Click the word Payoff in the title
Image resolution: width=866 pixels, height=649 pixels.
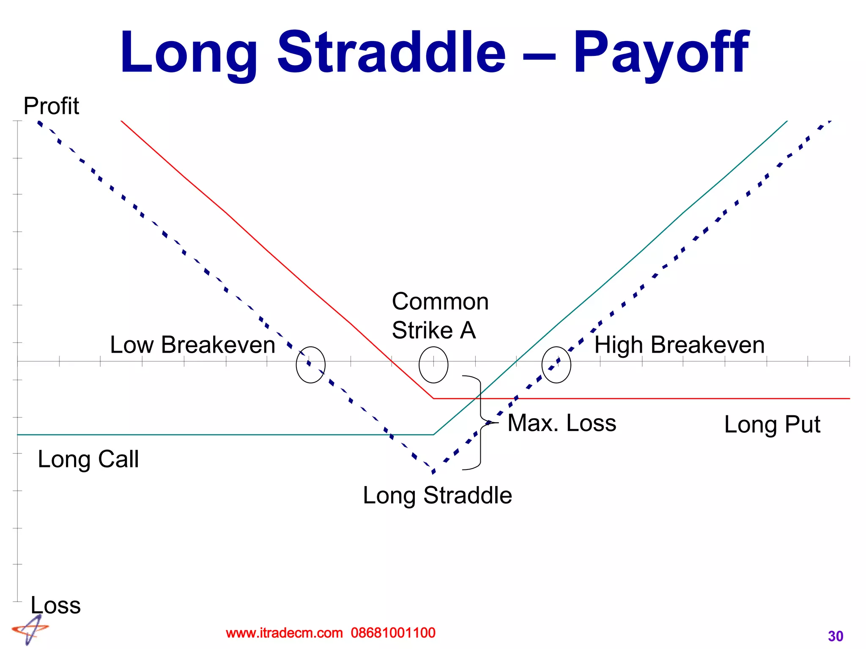coord(660,53)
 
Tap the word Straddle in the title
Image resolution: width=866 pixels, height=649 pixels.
coord(391,53)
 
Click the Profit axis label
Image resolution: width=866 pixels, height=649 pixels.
coord(51,106)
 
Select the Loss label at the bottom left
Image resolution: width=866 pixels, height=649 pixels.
coord(55,605)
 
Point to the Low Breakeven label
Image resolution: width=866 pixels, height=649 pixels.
coord(192,345)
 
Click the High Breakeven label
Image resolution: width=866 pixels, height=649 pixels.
coord(680,345)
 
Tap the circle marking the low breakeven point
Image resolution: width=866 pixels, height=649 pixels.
coord(310,365)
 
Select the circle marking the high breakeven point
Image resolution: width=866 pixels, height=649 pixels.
coord(556,365)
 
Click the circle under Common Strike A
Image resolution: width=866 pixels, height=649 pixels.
coord(433,365)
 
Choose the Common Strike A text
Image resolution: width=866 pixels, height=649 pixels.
coord(440,316)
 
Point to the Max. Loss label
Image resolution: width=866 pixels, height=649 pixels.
coord(562,423)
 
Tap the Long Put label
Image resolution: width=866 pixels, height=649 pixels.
coord(772,425)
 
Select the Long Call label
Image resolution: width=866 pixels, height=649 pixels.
coord(88,459)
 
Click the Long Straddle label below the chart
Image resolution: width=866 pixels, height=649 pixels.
coord(437,495)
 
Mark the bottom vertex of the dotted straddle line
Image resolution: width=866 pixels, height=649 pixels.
coord(433,471)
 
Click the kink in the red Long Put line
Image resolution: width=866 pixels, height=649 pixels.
coord(433,398)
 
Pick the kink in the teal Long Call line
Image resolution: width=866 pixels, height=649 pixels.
coord(434,434)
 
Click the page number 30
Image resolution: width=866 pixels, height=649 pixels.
coord(836,636)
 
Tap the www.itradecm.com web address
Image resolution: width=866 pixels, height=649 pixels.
coord(284,633)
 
